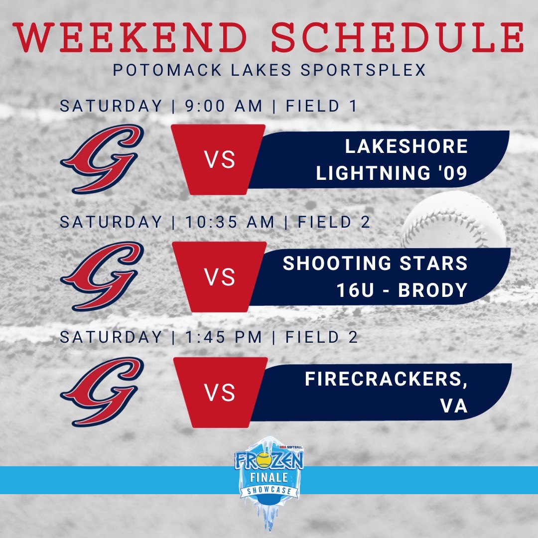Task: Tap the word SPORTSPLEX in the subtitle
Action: pos(363,70)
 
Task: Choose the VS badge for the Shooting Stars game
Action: pos(220,277)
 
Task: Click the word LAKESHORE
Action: pos(406,146)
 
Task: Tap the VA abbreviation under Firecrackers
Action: pos(454,406)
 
